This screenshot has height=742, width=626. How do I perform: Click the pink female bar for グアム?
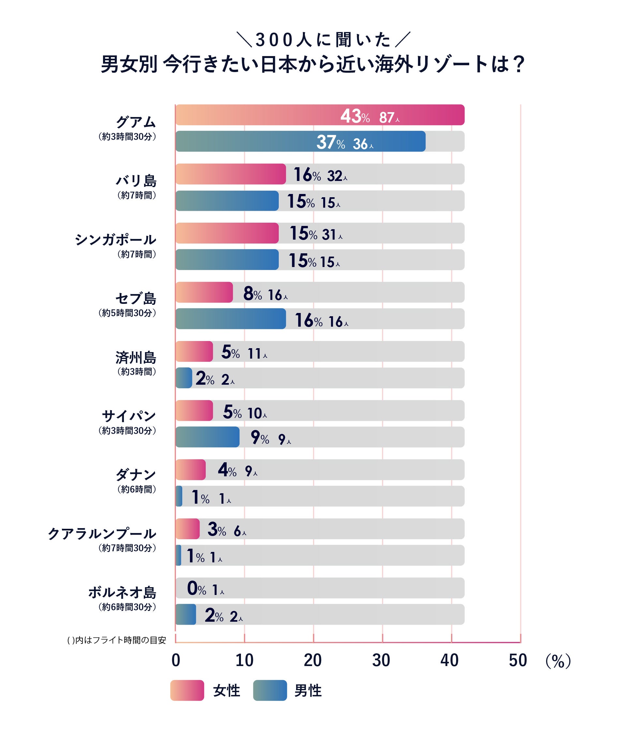[x=320, y=115]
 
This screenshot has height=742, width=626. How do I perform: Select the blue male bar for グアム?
[x=300, y=141]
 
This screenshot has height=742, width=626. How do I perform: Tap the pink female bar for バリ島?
[x=231, y=174]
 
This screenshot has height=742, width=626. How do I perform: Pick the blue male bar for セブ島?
[x=231, y=319]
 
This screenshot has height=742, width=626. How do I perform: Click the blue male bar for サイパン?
[x=207, y=437]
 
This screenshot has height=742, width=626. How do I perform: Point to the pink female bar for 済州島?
[x=194, y=351]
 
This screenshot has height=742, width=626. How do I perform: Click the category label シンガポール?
[x=115, y=240]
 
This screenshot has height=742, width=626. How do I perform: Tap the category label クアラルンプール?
[x=102, y=533]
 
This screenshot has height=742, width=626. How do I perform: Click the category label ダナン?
[x=136, y=474]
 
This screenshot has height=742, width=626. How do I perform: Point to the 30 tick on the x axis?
[x=381, y=660]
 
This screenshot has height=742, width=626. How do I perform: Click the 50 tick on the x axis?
[x=518, y=660]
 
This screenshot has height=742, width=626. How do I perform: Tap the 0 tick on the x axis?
[x=176, y=660]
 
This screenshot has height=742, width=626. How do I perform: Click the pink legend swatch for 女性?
[x=187, y=690]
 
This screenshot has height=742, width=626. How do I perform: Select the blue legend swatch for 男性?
[x=270, y=690]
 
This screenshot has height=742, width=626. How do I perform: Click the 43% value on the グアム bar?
[x=355, y=116]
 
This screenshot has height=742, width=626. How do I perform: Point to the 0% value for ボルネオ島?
[x=196, y=589]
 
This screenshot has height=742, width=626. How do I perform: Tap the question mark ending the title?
[x=519, y=64]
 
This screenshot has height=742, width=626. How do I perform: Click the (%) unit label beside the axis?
[x=558, y=661]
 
